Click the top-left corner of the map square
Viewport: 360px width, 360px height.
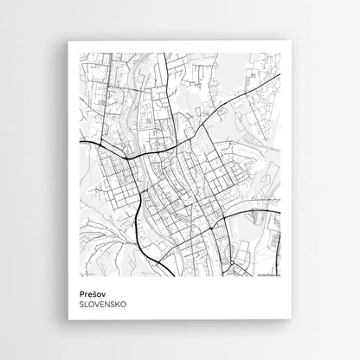pyautogui.click(x=79, y=52)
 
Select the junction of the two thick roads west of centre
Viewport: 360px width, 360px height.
pyautogui.click(x=129, y=158)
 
